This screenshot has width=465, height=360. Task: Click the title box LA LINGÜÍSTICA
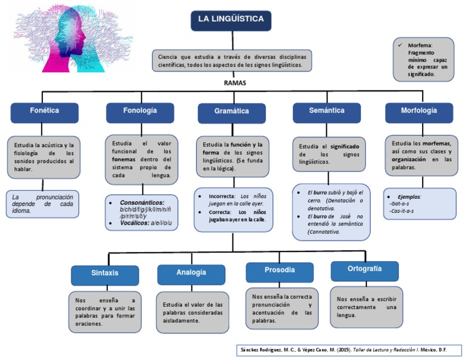231,20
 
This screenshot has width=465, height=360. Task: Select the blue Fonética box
44,112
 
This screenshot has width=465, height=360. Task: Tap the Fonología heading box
139,112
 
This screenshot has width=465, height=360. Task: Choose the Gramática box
231,112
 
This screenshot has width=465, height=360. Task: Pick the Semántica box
326,112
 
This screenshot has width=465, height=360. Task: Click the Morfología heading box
418,112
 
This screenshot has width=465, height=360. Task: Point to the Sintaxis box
105,273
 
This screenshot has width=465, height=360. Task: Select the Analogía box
191,273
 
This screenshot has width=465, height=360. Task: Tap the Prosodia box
280,270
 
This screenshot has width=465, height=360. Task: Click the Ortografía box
364,269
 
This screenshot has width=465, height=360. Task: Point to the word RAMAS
235,82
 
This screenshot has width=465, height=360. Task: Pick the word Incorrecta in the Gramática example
222,197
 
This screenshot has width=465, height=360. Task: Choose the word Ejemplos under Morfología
409,197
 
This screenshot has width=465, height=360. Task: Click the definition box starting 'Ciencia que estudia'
231,61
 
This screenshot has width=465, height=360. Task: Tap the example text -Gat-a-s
400,204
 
